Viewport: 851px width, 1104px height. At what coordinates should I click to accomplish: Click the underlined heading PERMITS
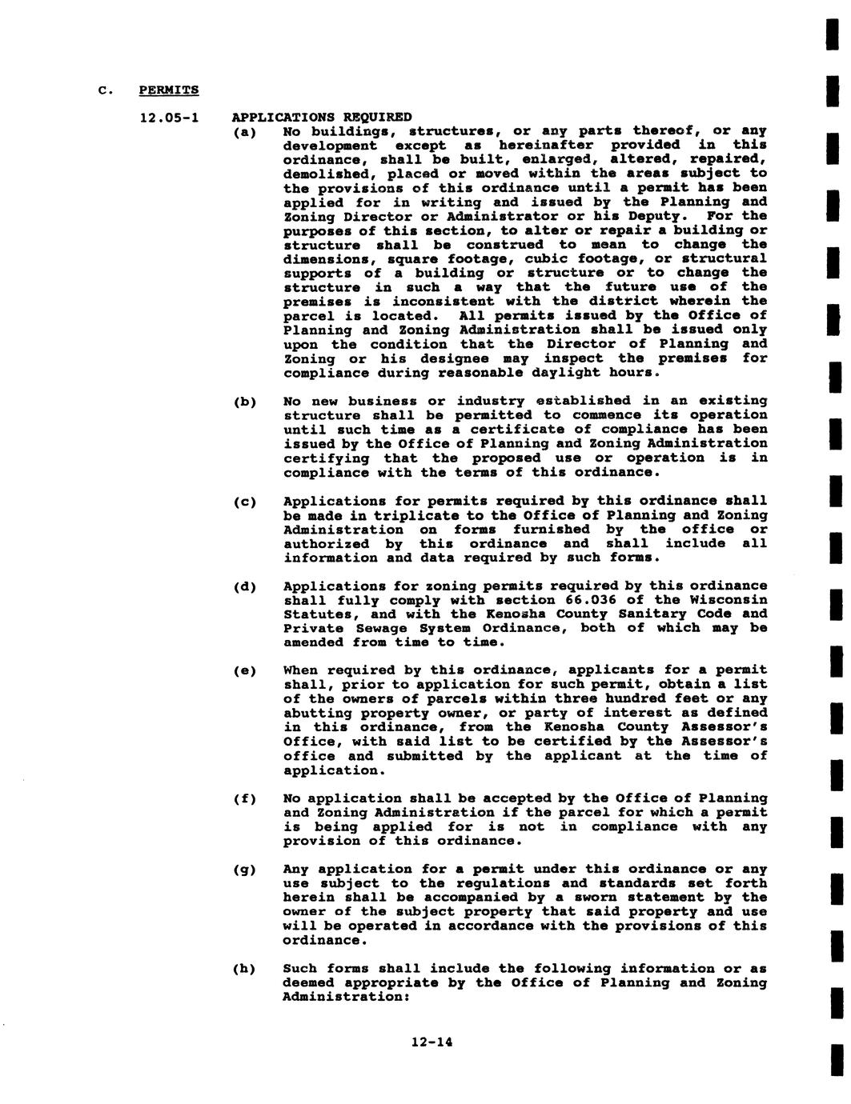pyautogui.click(x=169, y=90)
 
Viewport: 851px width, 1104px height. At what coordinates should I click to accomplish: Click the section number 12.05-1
pyautogui.click(x=169, y=118)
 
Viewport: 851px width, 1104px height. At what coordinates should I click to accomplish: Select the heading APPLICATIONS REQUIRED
pyautogui.click(x=322, y=118)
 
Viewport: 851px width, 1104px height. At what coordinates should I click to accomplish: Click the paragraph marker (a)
pyautogui.click(x=244, y=132)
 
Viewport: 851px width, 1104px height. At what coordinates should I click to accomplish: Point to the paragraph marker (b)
pyautogui.click(x=244, y=402)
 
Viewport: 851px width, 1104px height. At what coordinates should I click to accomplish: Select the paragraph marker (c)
pyautogui.click(x=244, y=502)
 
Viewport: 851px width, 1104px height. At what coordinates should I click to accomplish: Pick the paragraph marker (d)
pyautogui.click(x=244, y=586)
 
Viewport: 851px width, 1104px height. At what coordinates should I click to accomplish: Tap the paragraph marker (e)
pyautogui.click(x=244, y=670)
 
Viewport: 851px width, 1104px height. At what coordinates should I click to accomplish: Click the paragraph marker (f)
pyautogui.click(x=244, y=799)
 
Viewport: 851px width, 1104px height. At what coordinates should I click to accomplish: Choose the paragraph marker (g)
pyautogui.click(x=244, y=870)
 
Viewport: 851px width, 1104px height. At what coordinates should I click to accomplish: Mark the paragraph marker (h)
pyautogui.click(x=244, y=970)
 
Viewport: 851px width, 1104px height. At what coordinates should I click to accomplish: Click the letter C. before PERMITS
pyautogui.click(x=103, y=90)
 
